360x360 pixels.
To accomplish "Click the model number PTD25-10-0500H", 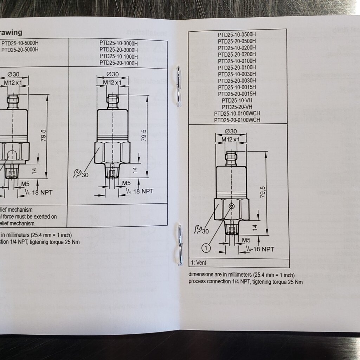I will (237, 34).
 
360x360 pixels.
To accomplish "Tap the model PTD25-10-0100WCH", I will (237, 114).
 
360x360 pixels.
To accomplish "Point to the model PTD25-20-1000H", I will (118, 63).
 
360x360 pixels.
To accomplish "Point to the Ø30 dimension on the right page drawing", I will (231, 131).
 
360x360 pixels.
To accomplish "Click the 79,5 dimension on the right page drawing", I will (263, 192).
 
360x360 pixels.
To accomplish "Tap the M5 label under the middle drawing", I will (126, 183).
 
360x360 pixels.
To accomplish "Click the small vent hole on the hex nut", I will (231, 205).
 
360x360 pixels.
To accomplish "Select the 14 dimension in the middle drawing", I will (135, 170).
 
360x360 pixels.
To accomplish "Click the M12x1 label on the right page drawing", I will (231, 140).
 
